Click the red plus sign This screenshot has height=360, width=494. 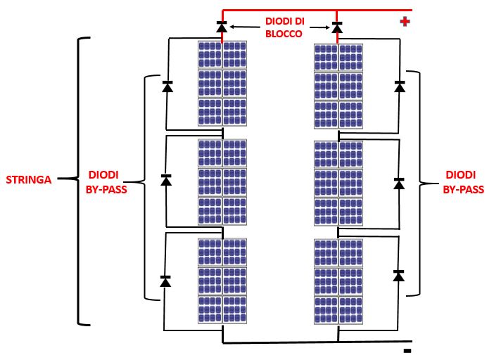[x=405, y=22]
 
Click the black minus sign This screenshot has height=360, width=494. [x=407, y=350]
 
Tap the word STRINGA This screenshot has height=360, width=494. [x=29, y=180]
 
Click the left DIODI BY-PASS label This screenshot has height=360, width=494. [x=106, y=181]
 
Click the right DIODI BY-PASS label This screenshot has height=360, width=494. [x=464, y=181]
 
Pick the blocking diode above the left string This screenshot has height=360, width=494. [x=222, y=27]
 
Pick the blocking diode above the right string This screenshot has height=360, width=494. [x=337, y=27]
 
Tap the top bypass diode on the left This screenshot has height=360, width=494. [x=167, y=86]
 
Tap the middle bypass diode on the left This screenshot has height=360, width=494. [x=166, y=179]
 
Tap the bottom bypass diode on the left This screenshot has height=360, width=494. [x=165, y=281]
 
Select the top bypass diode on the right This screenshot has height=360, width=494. [x=400, y=86]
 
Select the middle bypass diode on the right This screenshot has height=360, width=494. [x=399, y=183]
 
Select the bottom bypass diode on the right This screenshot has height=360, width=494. [x=398, y=275]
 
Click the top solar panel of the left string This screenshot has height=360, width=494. [x=222, y=84]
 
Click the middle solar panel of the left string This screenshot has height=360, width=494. [x=222, y=182]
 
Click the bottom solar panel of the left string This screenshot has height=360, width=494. [x=222, y=281]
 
